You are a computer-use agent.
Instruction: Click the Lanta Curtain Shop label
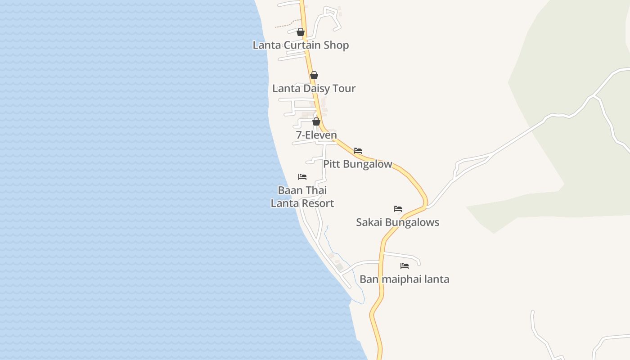click(x=301, y=45)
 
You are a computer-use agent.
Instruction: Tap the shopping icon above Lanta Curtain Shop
click(x=301, y=32)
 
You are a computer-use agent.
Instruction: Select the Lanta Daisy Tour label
click(x=314, y=88)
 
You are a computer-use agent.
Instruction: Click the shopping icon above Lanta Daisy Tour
click(x=314, y=75)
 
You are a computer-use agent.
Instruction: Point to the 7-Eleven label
click(x=316, y=135)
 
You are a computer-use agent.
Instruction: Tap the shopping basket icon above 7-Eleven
click(x=316, y=121)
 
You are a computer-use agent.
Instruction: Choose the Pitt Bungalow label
click(x=358, y=164)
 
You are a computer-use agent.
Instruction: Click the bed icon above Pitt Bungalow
click(x=358, y=151)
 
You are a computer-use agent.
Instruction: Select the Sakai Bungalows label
click(x=397, y=222)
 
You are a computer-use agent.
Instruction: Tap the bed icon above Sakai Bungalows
click(x=398, y=209)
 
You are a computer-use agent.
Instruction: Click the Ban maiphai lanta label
click(x=404, y=279)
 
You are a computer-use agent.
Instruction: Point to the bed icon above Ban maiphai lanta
click(x=405, y=266)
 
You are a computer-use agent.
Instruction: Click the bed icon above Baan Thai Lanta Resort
click(x=302, y=177)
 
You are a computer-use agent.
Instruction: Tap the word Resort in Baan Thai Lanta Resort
click(x=318, y=203)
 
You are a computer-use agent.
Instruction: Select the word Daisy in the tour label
click(x=316, y=88)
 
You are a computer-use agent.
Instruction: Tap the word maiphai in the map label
click(x=399, y=279)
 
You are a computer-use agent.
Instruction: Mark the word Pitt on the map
click(x=332, y=164)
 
